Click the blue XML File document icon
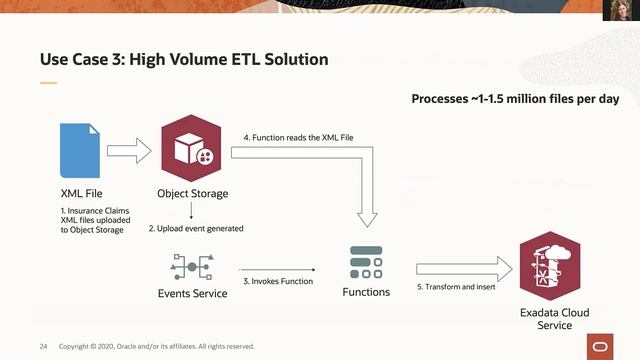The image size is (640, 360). click(x=80, y=151)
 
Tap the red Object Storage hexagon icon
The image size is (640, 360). click(x=190, y=150)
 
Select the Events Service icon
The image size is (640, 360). click(x=192, y=268)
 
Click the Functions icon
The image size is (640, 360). click(x=366, y=262)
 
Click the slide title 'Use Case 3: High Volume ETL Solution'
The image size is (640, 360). click(x=183, y=60)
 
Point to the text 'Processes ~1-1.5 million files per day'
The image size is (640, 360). click(x=515, y=99)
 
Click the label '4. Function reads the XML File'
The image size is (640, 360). click(x=298, y=136)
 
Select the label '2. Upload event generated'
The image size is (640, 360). click(x=197, y=229)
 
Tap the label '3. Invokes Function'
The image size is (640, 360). click(x=277, y=281)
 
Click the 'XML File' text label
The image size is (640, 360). click(x=81, y=193)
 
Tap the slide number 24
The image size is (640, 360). click(x=44, y=346)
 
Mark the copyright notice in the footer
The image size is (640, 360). click(x=157, y=346)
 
